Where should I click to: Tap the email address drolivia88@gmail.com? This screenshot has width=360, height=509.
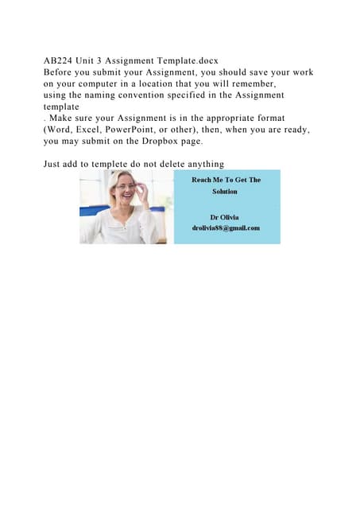tap(226, 228)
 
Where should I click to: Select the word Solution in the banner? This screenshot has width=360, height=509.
tap(225, 192)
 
